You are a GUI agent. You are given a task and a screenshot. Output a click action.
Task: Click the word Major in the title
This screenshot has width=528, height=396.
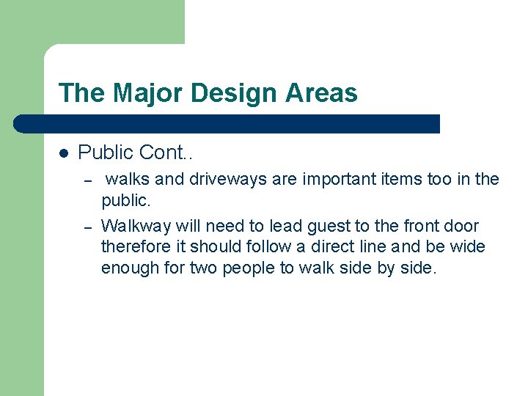[145, 93]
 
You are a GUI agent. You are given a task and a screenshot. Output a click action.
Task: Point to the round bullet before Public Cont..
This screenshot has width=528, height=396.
[64, 153]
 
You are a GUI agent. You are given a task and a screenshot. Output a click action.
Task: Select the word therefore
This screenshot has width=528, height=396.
[133, 246]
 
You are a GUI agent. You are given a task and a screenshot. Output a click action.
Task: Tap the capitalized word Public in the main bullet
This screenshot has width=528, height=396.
[106, 153]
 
